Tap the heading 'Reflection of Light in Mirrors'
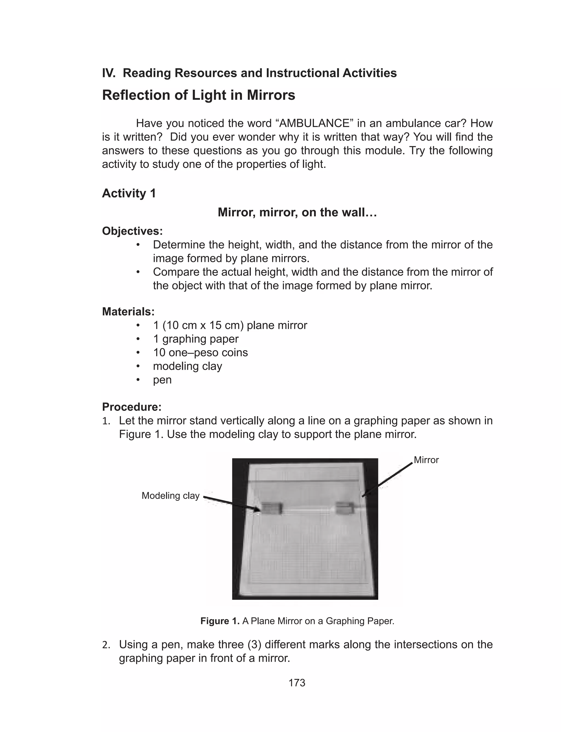point(198,95)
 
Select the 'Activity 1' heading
point(129,193)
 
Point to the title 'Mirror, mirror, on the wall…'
point(297,212)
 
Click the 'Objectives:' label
point(132,231)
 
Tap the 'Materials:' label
point(128,312)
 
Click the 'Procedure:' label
point(131,407)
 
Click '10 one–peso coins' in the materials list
point(200,352)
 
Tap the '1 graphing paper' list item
point(196,339)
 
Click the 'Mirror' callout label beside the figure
point(426,460)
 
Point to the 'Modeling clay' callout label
point(170,495)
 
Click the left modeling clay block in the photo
point(272,508)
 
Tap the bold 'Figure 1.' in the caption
point(220,621)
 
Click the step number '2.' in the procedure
point(106,645)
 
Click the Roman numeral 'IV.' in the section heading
point(108,73)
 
